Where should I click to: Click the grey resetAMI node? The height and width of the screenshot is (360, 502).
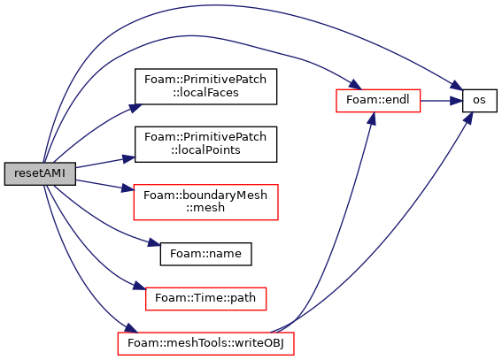tap(40, 173)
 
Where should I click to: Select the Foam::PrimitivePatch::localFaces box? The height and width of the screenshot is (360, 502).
tap(205, 87)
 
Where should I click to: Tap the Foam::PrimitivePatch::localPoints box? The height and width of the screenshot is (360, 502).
tap(205, 144)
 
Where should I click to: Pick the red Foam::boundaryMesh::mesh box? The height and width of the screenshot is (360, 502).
tap(205, 202)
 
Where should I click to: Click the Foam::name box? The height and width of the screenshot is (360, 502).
tap(205, 254)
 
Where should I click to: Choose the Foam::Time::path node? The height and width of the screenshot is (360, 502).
tap(205, 299)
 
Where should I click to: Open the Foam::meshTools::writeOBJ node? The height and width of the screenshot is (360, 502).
tap(205, 343)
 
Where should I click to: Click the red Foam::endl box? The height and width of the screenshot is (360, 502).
tap(378, 101)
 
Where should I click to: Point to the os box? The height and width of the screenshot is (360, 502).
tap(479, 101)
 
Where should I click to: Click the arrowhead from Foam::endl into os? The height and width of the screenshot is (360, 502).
tap(456, 101)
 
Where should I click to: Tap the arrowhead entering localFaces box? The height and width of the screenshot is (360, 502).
tap(135, 108)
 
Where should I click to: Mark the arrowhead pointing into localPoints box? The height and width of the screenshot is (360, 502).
tap(128, 158)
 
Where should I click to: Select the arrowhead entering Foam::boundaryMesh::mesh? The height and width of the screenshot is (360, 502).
tap(127, 188)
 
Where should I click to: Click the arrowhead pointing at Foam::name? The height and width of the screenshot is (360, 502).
tap(154, 243)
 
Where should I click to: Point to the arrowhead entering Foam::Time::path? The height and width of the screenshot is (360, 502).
tap(139, 286)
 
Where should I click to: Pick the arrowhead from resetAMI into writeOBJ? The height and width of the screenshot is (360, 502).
tap(131, 328)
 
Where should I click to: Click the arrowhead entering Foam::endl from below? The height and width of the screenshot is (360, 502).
tap(372, 119)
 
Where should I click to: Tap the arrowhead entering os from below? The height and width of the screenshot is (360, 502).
tap(469, 119)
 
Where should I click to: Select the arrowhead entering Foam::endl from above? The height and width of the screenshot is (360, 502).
tap(355, 85)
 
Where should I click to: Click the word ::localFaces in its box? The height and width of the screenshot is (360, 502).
tap(205, 93)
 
